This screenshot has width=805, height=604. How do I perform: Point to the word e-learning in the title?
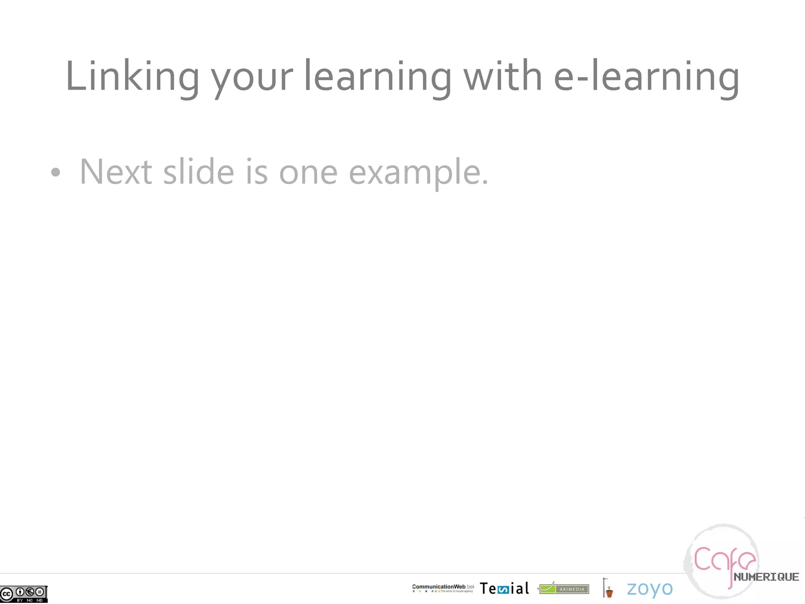pyautogui.click(x=647, y=77)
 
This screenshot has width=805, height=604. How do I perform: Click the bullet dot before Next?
pyautogui.click(x=56, y=172)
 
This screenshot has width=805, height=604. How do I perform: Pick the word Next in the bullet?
pyautogui.click(x=116, y=172)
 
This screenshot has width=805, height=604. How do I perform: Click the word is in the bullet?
pyautogui.click(x=257, y=172)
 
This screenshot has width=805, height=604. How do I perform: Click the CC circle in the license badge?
pyautogui.click(x=7, y=593)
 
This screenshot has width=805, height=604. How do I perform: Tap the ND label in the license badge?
pyautogui.click(x=39, y=600)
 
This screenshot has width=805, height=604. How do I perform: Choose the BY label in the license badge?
pyautogui.click(x=20, y=600)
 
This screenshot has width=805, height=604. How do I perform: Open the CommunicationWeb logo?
pyautogui.click(x=443, y=588)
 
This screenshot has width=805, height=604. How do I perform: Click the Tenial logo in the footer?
pyautogui.click(x=504, y=589)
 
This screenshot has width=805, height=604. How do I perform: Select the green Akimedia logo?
pyautogui.click(x=564, y=588)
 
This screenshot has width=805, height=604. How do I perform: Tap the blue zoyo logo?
pyautogui.click(x=650, y=589)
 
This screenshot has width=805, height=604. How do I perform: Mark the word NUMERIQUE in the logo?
pyautogui.click(x=766, y=577)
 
